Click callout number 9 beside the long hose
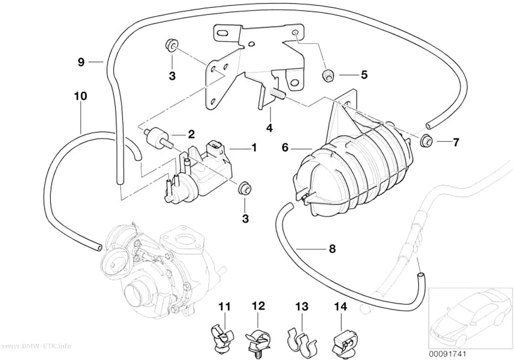[x=81, y=62]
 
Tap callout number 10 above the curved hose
[x=81, y=96]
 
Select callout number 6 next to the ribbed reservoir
[x=285, y=148]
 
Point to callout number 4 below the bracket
[x=269, y=127]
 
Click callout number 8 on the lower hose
[x=332, y=249]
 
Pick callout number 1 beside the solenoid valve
[x=254, y=148]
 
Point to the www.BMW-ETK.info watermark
[x=35, y=346]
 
